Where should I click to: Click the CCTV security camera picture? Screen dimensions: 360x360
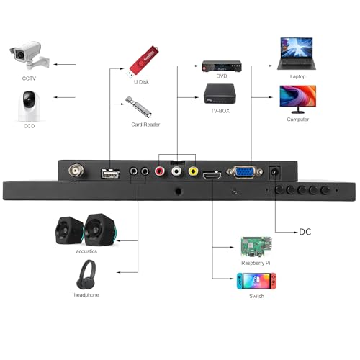coord(30,55)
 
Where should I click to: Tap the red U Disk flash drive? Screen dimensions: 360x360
coord(143,61)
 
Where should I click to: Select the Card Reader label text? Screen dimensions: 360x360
coord(145,125)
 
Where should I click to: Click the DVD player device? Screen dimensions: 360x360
coord(222,66)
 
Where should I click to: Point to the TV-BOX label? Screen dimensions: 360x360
coord(220,111)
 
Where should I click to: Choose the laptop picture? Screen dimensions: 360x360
coord(297,54)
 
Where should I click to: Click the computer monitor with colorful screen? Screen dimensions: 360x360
coord(298,99)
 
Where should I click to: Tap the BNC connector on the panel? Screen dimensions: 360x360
coord(76,171)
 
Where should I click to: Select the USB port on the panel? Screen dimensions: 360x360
coord(110,174)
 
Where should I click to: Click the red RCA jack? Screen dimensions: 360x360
coord(160,171)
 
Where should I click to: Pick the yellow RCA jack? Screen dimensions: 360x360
coord(193,171)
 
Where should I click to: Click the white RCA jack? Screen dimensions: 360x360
coord(176,171)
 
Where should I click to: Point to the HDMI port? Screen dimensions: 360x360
coord(212,176)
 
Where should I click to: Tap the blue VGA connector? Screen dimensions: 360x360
coord(245,172)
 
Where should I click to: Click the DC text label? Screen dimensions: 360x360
coord(305,232)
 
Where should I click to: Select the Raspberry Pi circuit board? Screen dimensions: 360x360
coord(256,247)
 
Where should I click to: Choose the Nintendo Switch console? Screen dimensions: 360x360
coord(256,281)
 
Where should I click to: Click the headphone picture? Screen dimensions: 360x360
coord(86,274)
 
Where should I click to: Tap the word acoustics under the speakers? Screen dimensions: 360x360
coord(86,251)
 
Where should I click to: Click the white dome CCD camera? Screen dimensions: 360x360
coord(29,106)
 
